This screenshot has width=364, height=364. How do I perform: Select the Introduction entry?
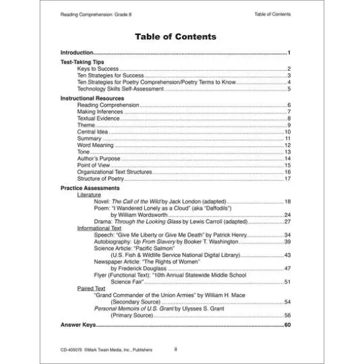[76, 52]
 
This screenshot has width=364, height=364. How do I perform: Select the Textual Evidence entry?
[98, 118]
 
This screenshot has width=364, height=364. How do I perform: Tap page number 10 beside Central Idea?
[288, 132]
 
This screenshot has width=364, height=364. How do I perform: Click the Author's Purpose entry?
[97, 159]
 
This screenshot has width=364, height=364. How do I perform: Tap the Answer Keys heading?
[78, 326]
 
